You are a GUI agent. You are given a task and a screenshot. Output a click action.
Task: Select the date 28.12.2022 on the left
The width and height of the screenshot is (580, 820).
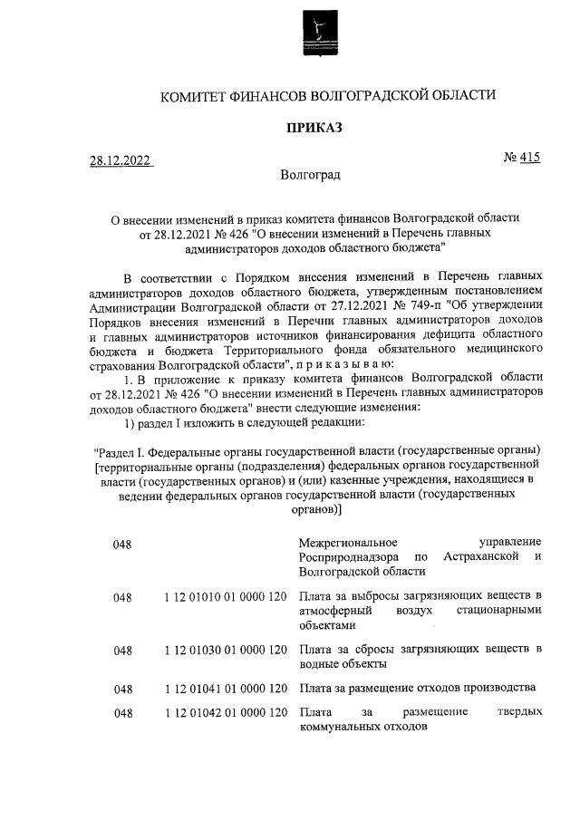point(120,161)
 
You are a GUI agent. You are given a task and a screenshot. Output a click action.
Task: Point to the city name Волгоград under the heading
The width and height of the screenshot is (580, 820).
point(311,174)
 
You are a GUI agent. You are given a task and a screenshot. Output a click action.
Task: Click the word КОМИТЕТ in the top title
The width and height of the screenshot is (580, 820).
point(194,95)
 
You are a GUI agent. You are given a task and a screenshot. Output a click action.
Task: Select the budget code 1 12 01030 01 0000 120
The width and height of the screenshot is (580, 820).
point(227,650)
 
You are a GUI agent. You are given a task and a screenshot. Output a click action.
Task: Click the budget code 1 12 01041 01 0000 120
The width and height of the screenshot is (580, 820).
point(227,688)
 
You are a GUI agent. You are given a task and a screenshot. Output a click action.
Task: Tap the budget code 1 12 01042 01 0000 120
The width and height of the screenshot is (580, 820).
point(227,713)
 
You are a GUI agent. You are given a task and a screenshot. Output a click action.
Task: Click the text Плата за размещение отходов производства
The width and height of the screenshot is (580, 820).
point(419,688)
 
